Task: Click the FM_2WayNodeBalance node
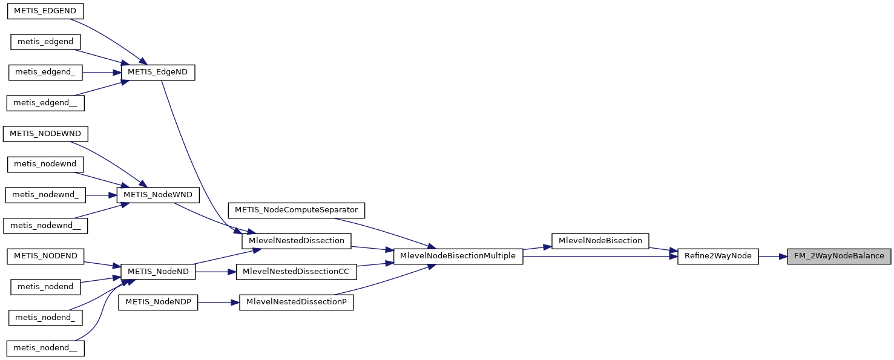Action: click(839, 256)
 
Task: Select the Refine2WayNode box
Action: click(717, 256)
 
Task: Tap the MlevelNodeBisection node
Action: click(600, 241)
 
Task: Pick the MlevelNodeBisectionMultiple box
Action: click(458, 256)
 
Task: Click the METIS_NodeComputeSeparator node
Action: click(296, 210)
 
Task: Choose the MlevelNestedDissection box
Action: click(296, 241)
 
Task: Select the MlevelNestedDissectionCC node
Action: click(296, 272)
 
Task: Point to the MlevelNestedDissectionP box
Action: click(296, 302)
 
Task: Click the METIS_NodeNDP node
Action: click(158, 302)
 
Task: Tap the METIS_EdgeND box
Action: click(158, 72)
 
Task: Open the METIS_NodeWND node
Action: click(158, 195)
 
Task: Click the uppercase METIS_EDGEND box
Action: click(45, 11)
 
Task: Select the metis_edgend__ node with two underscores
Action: click(45, 103)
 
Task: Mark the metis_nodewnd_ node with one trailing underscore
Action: click(45, 195)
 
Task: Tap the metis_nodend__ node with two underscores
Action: click(45, 348)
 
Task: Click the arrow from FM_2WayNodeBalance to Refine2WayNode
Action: click(772, 256)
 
